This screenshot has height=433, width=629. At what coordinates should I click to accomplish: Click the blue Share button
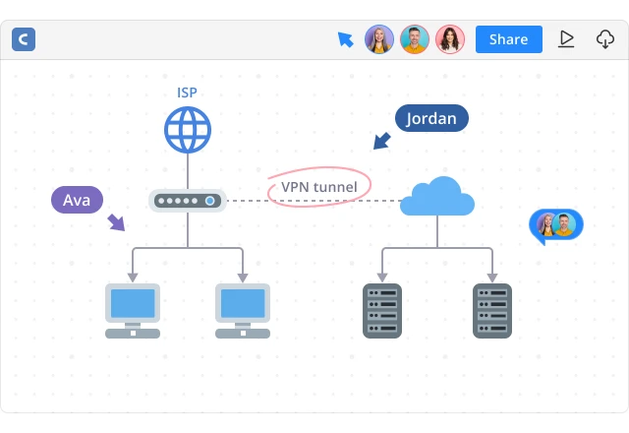point(508,39)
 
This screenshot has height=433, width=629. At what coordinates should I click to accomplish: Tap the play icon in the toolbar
point(566,39)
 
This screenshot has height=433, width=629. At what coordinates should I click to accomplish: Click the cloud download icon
point(605,39)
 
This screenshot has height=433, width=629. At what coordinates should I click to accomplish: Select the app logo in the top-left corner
point(24,39)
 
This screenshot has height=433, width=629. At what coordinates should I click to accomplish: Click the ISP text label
point(187,93)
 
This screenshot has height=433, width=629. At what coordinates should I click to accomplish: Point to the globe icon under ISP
point(188,129)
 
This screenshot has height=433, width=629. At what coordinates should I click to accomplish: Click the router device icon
point(188,201)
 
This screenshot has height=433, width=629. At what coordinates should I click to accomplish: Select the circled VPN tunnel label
point(318,187)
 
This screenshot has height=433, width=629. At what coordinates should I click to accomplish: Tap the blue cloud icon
point(437,197)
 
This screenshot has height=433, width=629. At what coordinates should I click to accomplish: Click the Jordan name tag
point(431,118)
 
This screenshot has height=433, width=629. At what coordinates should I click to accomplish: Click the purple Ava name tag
point(77,200)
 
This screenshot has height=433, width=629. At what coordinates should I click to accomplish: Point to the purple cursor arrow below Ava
point(116,222)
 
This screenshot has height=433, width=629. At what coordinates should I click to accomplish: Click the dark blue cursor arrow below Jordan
point(381,142)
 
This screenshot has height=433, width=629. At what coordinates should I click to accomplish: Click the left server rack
point(382,310)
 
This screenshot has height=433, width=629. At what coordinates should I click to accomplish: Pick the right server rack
point(492,310)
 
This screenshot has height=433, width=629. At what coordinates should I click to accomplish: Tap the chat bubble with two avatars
point(555,225)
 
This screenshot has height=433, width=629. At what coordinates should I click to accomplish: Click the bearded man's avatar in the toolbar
point(415,39)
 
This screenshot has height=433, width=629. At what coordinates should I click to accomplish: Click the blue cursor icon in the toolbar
point(345,39)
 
